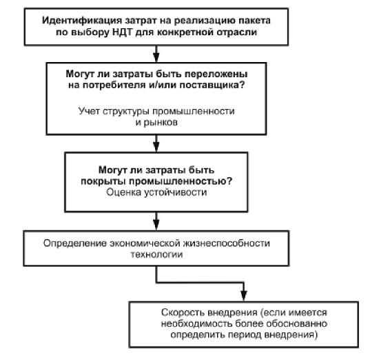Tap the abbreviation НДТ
pos(122,32)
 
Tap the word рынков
pos(161,123)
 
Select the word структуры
pos(126,111)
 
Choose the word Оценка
pos(124,192)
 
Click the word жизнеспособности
pos(226,243)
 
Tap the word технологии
pos(156,254)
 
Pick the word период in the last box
pos(245,335)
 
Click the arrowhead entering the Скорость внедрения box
pos(244,296)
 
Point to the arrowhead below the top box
pos(156,57)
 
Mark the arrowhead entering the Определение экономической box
pos(156,225)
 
